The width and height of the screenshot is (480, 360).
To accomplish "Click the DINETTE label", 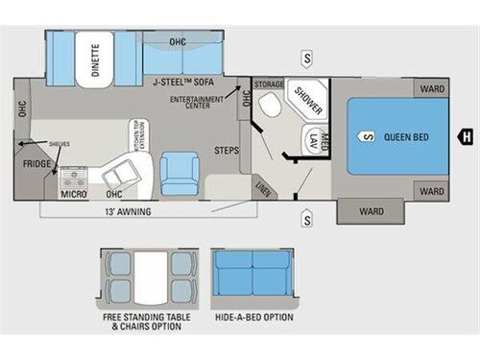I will [95, 60].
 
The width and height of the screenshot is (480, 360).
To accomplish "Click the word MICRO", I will [74, 192].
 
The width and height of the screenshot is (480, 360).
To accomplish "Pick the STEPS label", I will [227, 151].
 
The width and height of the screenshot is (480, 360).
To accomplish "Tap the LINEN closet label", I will [261, 186].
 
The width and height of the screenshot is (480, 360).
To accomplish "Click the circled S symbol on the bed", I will [367, 135].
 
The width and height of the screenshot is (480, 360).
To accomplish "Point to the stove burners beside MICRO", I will [74, 176].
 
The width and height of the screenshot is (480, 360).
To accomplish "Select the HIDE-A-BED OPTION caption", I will [253, 317].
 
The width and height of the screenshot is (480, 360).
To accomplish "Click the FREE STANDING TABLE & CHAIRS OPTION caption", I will [146, 322].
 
